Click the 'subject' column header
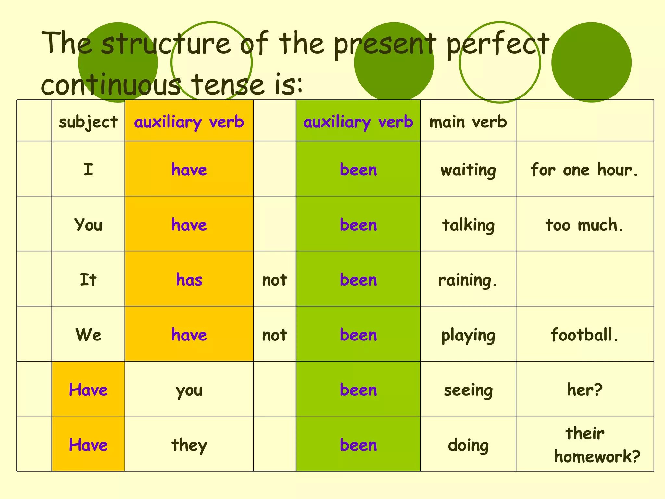click(88, 122)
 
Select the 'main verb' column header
click(468, 122)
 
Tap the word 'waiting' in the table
click(468, 170)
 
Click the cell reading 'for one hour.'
click(584, 170)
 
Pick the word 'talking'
click(468, 225)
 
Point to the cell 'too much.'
click(584, 225)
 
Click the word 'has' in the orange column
click(189, 280)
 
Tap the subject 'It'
click(88, 280)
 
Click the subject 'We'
click(88, 335)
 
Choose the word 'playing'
click(468, 335)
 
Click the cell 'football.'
click(584, 335)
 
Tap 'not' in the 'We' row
click(274, 335)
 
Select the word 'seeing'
click(468, 390)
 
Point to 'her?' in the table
click(584, 390)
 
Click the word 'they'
click(189, 445)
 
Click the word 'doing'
click(468, 445)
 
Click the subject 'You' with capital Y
click(88, 225)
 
